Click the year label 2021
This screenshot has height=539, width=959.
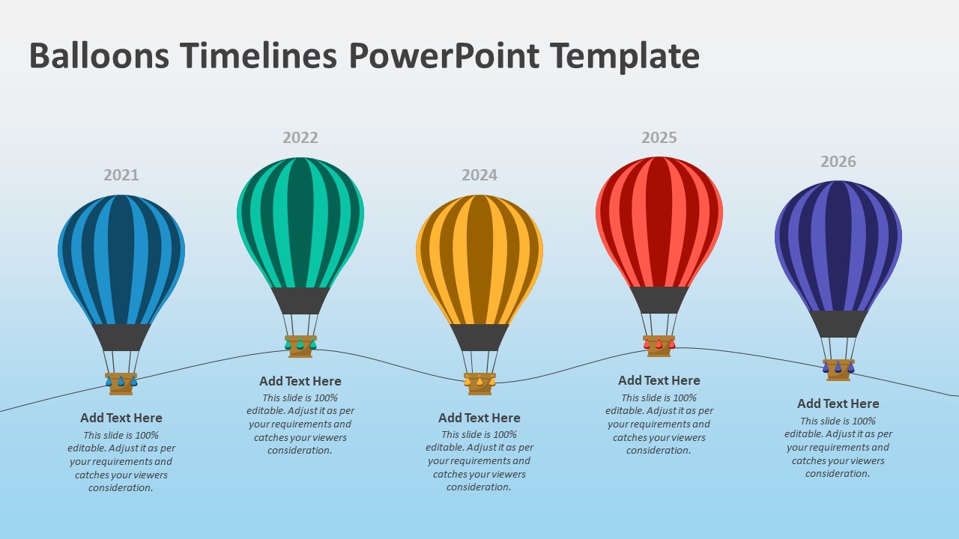pos(121,175)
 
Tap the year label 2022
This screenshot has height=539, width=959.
pos(300,138)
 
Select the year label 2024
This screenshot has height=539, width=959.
pos(479,175)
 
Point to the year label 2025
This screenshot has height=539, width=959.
pos(659,138)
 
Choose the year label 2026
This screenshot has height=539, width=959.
pos(838,162)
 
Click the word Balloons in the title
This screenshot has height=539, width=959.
pos(100,55)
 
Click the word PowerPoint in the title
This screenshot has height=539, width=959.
pos(444,55)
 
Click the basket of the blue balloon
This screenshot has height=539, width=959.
pos(121,384)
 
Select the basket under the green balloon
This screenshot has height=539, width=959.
pos(300,347)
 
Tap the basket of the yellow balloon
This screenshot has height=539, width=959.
pos(479,384)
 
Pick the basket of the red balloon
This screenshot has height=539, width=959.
pos(659,346)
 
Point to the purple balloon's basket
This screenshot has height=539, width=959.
pos(838,370)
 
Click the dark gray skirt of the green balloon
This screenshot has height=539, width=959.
pos(300,301)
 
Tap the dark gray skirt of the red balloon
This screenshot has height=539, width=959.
pos(659,300)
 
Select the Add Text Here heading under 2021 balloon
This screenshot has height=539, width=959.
pos(121,418)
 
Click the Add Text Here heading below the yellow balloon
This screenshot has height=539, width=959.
pos(479,418)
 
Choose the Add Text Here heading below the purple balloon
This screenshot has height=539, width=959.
pos(838,404)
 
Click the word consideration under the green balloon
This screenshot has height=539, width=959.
pos(300,451)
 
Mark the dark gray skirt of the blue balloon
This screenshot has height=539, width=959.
pos(121,338)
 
